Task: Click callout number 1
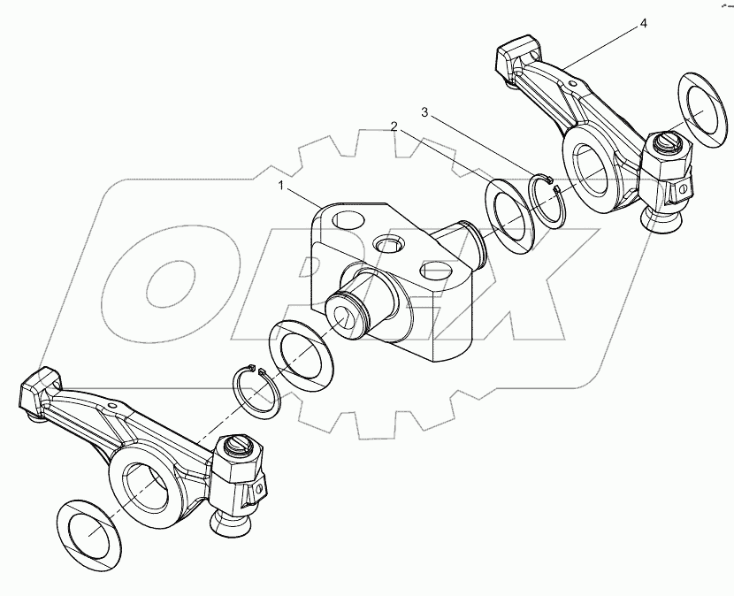click(282, 186)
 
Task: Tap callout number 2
click(394, 128)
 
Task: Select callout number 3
click(425, 113)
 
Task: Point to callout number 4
click(643, 24)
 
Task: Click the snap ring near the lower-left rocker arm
click(257, 390)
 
